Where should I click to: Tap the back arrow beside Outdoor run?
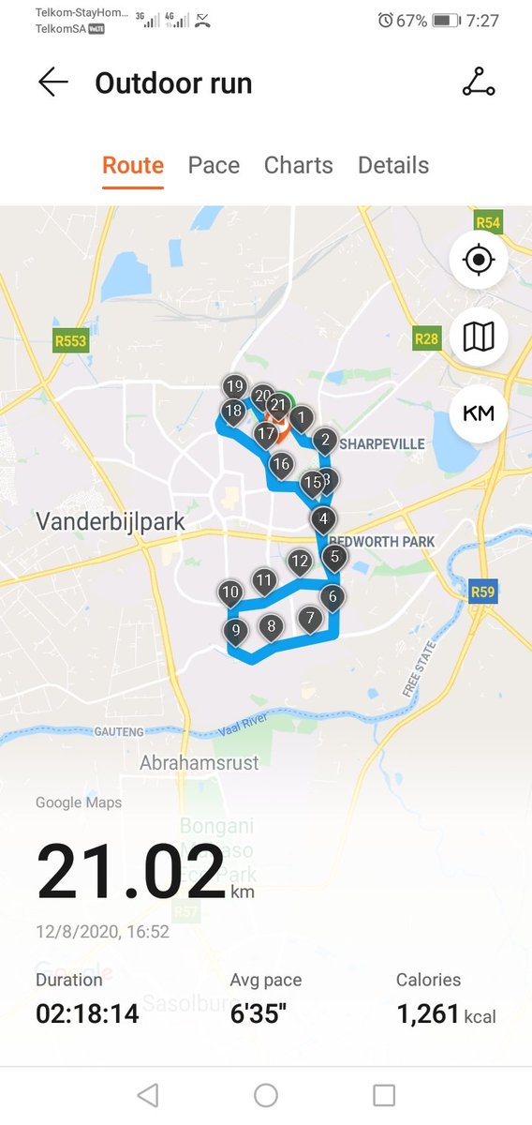pyautogui.click(x=53, y=82)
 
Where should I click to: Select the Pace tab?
pyautogui.click(x=214, y=166)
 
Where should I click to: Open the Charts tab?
pyautogui.click(x=298, y=166)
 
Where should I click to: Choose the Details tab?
pyautogui.click(x=393, y=166)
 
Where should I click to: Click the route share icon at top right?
pyautogui.click(x=479, y=82)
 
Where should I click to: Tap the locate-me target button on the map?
pyautogui.click(x=479, y=259)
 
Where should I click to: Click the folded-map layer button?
pyautogui.click(x=479, y=336)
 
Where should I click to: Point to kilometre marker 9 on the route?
pyautogui.click(x=236, y=631)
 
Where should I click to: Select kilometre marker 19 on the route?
pyautogui.click(x=234, y=386)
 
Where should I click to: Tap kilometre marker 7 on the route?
pyautogui.click(x=309, y=618)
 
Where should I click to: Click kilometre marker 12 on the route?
pyautogui.click(x=300, y=562)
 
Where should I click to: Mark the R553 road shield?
pyautogui.click(x=70, y=341)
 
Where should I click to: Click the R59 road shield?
pyautogui.click(x=482, y=592)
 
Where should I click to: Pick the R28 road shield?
pyautogui.click(x=426, y=337)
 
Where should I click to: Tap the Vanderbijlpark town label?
pyautogui.click(x=111, y=522)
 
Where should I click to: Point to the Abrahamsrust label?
pyautogui.click(x=199, y=763)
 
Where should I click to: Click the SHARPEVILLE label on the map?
pyautogui.click(x=381, y=443)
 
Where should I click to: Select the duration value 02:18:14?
pyautogui.click(x=87, y=1013)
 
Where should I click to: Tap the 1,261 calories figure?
pyautogui.click(x=427, y=1013)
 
